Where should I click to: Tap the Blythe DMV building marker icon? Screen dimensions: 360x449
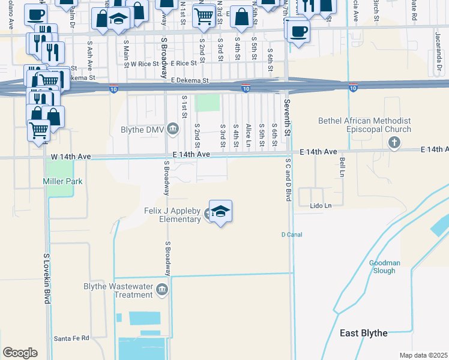point(173,129)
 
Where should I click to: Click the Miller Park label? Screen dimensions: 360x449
point(62,181)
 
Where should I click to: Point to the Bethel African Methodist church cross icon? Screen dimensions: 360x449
point(394,142)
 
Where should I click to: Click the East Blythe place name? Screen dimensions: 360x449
point(363,333)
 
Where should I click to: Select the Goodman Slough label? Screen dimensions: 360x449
point(382,267)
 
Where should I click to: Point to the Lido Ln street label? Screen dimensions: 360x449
point(321,206)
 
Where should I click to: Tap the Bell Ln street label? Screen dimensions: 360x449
point(342,163)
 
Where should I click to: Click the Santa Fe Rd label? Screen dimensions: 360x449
point(71,338)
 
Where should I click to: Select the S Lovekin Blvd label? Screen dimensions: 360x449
point(46,278)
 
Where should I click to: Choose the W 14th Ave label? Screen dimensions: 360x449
point(71,157)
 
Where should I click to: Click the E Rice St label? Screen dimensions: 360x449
point(184,63)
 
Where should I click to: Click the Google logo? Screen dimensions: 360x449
point(20,353)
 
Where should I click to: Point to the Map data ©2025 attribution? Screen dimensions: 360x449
point(423,355)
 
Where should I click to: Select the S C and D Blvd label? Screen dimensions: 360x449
point(288,179)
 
